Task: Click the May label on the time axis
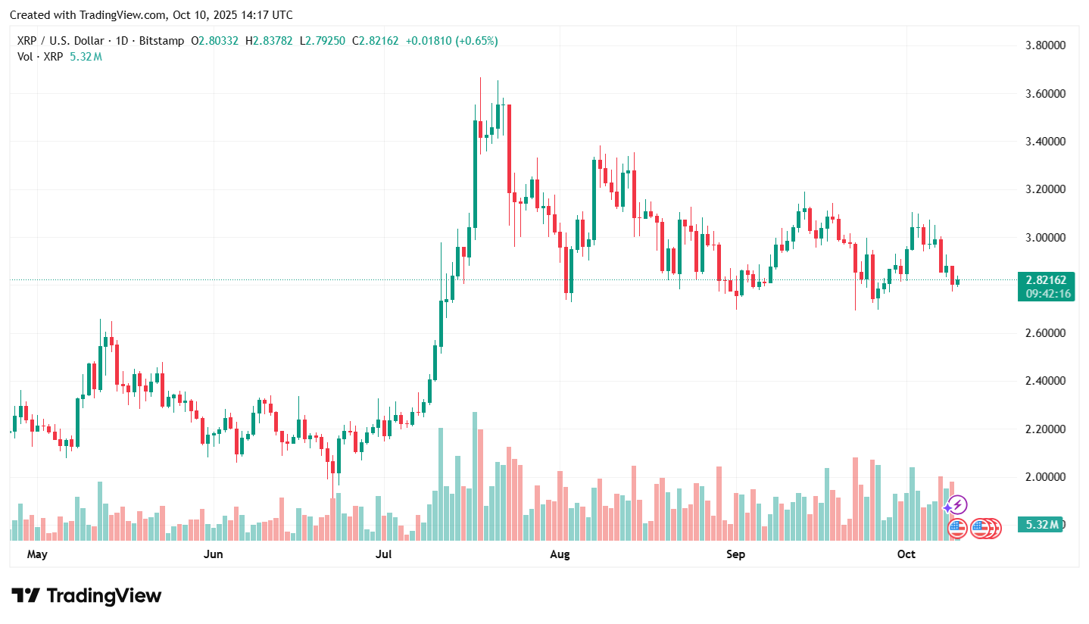click(x=37, y=554)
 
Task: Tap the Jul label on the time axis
click(x=384, y=554)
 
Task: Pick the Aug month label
click(x=560, y=554)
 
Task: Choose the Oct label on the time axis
click(x=906, y=554)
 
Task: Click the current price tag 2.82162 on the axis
click(x=1047, y=280)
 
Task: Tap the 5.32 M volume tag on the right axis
click(x=1043, y=524)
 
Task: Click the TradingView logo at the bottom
click(x=86, y=596)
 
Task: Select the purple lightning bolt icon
click(x=957, y=504)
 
